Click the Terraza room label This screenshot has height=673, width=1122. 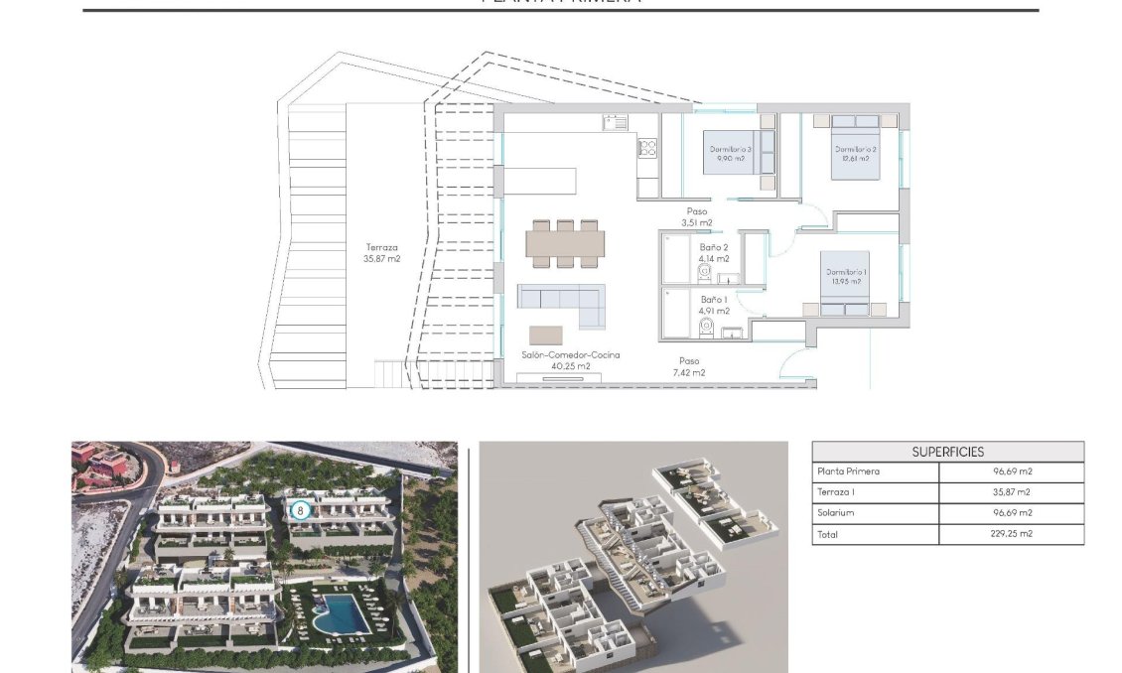[x=382, y=253]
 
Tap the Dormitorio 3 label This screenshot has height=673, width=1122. [x=730, y=153]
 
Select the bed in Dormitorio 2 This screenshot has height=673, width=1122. [x=853, y=148]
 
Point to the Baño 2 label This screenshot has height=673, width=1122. [x=714, y=253]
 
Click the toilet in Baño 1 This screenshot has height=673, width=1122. [x=707, y=327]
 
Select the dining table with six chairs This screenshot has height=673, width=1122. [x=564, y=243]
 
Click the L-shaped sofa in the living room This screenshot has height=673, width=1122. [x=562, y=304]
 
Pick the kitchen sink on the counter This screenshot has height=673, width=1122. [x=614, y=123]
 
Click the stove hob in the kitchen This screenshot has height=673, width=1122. [x=647, y=148]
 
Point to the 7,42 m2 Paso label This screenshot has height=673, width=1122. [x=688, y=367]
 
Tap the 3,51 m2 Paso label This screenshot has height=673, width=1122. [x=697, y=216]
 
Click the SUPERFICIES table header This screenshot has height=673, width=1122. [x=947, y=452]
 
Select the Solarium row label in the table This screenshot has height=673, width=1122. [x=835, y=513]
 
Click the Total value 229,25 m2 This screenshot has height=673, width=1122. [x=1010, y=534]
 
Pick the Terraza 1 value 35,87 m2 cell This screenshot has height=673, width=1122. [x=1010, y=492]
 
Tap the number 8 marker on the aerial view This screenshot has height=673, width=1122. [x=301, y=510]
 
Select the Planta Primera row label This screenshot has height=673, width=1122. [x=847, y=471]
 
